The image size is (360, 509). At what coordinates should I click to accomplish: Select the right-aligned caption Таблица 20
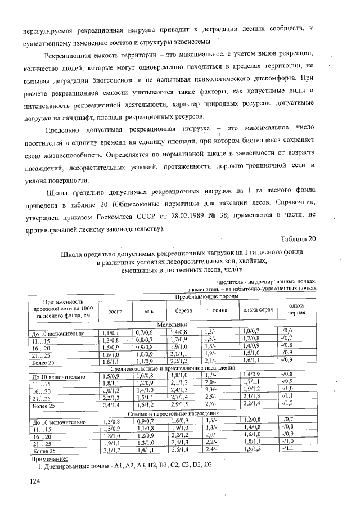click(x=298, y=238)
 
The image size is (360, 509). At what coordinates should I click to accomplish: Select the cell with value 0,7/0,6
click(x=144, y=333)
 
